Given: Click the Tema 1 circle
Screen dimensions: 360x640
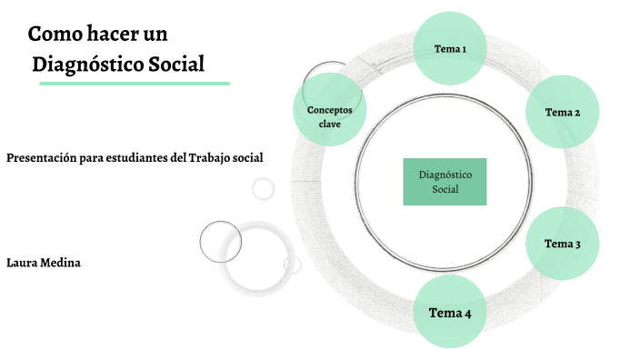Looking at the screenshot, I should coord(450,48).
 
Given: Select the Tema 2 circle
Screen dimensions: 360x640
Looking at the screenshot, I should coord(563,112).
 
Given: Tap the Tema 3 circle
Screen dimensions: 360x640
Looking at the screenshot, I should coord(563,243).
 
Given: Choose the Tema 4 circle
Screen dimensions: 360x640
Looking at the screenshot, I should coord(450,314).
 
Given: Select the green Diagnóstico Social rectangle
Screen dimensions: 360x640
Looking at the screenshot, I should coord(445,181).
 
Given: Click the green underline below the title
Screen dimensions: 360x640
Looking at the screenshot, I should coord(135,83).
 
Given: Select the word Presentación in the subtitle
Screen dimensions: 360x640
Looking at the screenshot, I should coord(41,158).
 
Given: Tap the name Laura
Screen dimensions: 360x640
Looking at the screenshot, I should coord(22,263).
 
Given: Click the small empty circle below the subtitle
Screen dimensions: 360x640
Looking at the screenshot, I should coord(263,188).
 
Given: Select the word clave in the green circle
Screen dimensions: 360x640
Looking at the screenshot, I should coord(329,124).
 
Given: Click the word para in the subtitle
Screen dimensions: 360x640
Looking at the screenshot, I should coord(89,158).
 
